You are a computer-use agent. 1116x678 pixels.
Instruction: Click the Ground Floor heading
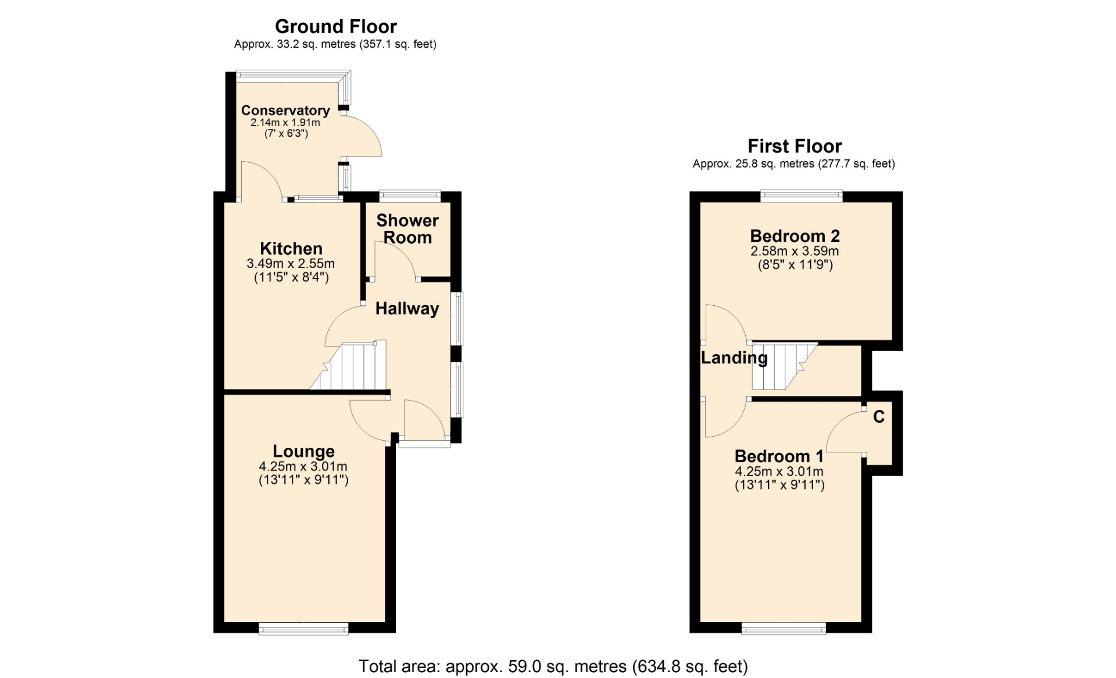(335, 26)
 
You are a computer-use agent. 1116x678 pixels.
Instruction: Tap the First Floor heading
(794, 146)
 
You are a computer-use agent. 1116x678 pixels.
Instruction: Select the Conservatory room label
(285, 110)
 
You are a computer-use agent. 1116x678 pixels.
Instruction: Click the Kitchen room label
(291, 248)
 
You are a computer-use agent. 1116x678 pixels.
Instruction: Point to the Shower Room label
(407, 229)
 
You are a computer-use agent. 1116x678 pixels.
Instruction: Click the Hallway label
(407, 309)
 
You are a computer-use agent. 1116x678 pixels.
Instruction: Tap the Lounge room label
(303, 451)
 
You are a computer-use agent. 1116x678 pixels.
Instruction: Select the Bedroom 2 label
(795, 236)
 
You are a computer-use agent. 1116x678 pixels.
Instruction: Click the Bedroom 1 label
(779, 456)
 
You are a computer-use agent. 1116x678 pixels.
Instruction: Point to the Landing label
(734, 358)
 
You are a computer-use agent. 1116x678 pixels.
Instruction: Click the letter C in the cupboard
(879, 417)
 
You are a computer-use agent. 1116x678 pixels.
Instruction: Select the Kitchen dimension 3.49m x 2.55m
(291, 263)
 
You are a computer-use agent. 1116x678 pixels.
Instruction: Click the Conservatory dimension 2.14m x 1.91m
(285, 123)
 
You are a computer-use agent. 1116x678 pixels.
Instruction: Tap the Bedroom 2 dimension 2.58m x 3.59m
(795, 251)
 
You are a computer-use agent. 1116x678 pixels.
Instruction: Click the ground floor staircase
(349, 365)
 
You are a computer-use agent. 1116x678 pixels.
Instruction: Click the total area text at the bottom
(553, 666)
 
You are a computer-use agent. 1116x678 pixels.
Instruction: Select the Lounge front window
(303, 628)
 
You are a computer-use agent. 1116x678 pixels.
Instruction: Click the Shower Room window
(410, 196)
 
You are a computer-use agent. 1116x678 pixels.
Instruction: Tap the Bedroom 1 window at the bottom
(784, 628)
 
